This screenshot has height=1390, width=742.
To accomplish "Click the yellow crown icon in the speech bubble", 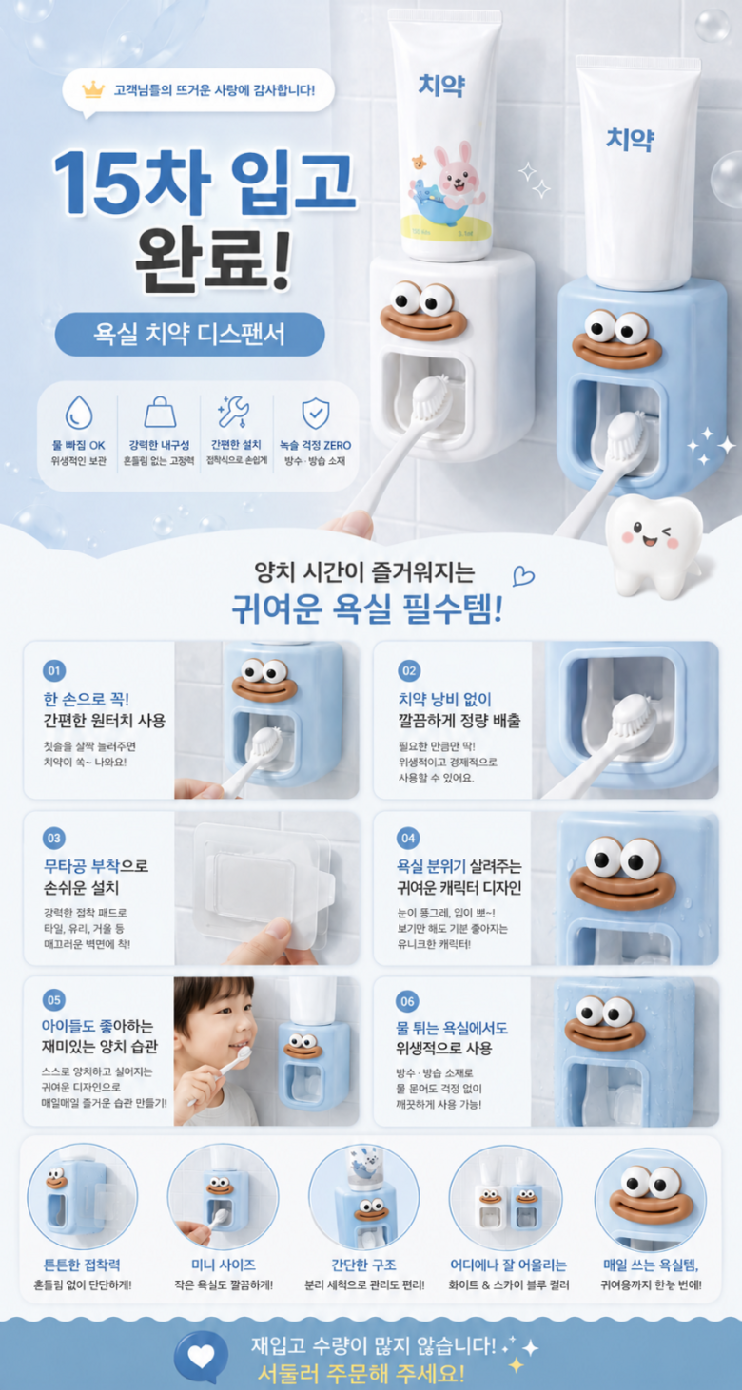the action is point(93,89).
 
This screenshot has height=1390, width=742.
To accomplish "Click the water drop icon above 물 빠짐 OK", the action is point(79,413).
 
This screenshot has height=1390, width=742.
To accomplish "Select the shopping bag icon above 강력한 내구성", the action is point(160,412).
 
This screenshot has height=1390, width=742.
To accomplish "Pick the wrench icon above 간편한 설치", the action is point(234,412).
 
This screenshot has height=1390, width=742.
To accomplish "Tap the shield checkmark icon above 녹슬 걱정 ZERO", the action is point(316,414).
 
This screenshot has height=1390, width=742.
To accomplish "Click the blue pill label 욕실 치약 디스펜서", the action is point(189,334).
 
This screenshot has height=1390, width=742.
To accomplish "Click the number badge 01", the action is point(54,671).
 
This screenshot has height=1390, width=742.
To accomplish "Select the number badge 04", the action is point(408,839).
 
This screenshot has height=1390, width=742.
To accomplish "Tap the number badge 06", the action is point(407,1001).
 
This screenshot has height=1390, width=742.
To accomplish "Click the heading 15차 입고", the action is point(205,181).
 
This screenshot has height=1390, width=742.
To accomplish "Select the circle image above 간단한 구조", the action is point(363,1198).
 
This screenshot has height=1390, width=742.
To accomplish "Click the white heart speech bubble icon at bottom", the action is point(201,1357).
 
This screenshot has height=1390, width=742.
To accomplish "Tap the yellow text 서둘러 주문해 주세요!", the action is point(361,1373).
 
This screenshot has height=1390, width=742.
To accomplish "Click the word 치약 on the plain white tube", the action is point(630,139).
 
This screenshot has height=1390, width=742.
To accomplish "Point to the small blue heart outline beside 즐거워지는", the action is point(523,576).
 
